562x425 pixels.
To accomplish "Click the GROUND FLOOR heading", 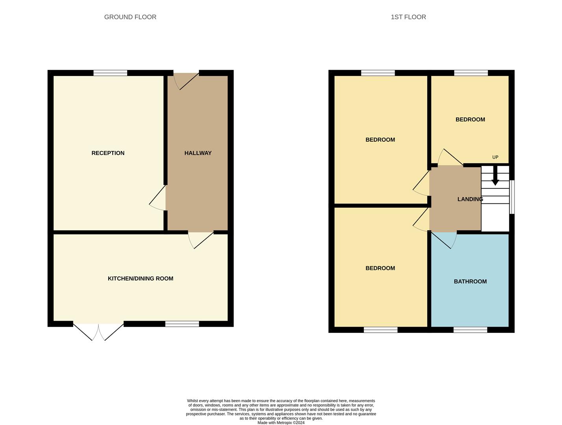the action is coord(130,17).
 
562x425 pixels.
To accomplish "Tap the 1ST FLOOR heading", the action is coord(408,17).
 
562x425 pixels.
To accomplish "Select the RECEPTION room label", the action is coord(108,153).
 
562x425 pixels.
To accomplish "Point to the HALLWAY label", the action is coord(198,153).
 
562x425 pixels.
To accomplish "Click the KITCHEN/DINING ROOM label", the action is coord(140,279).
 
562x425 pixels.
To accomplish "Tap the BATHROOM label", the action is coord(470,281).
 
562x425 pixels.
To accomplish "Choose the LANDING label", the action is coord(470,199).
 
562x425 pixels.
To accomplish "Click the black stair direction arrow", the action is coord(495,176).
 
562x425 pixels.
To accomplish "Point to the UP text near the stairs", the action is coord(495,157).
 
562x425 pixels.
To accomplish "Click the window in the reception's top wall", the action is coord(110,73).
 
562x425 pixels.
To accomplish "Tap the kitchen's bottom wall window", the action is coord(182,324).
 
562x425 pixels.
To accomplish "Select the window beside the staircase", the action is coord(512,197).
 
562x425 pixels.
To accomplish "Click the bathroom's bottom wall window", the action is coord(470,330).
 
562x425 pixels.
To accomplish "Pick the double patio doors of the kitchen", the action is coord(98,331).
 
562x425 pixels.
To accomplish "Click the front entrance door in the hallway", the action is coord(186,81).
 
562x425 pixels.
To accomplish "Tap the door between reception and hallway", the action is coord(158,198).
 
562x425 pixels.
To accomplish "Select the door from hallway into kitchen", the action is coord(201,240).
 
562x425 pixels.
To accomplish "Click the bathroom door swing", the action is coord(444,240).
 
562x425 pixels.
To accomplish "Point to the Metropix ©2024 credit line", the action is coord(281,423).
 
